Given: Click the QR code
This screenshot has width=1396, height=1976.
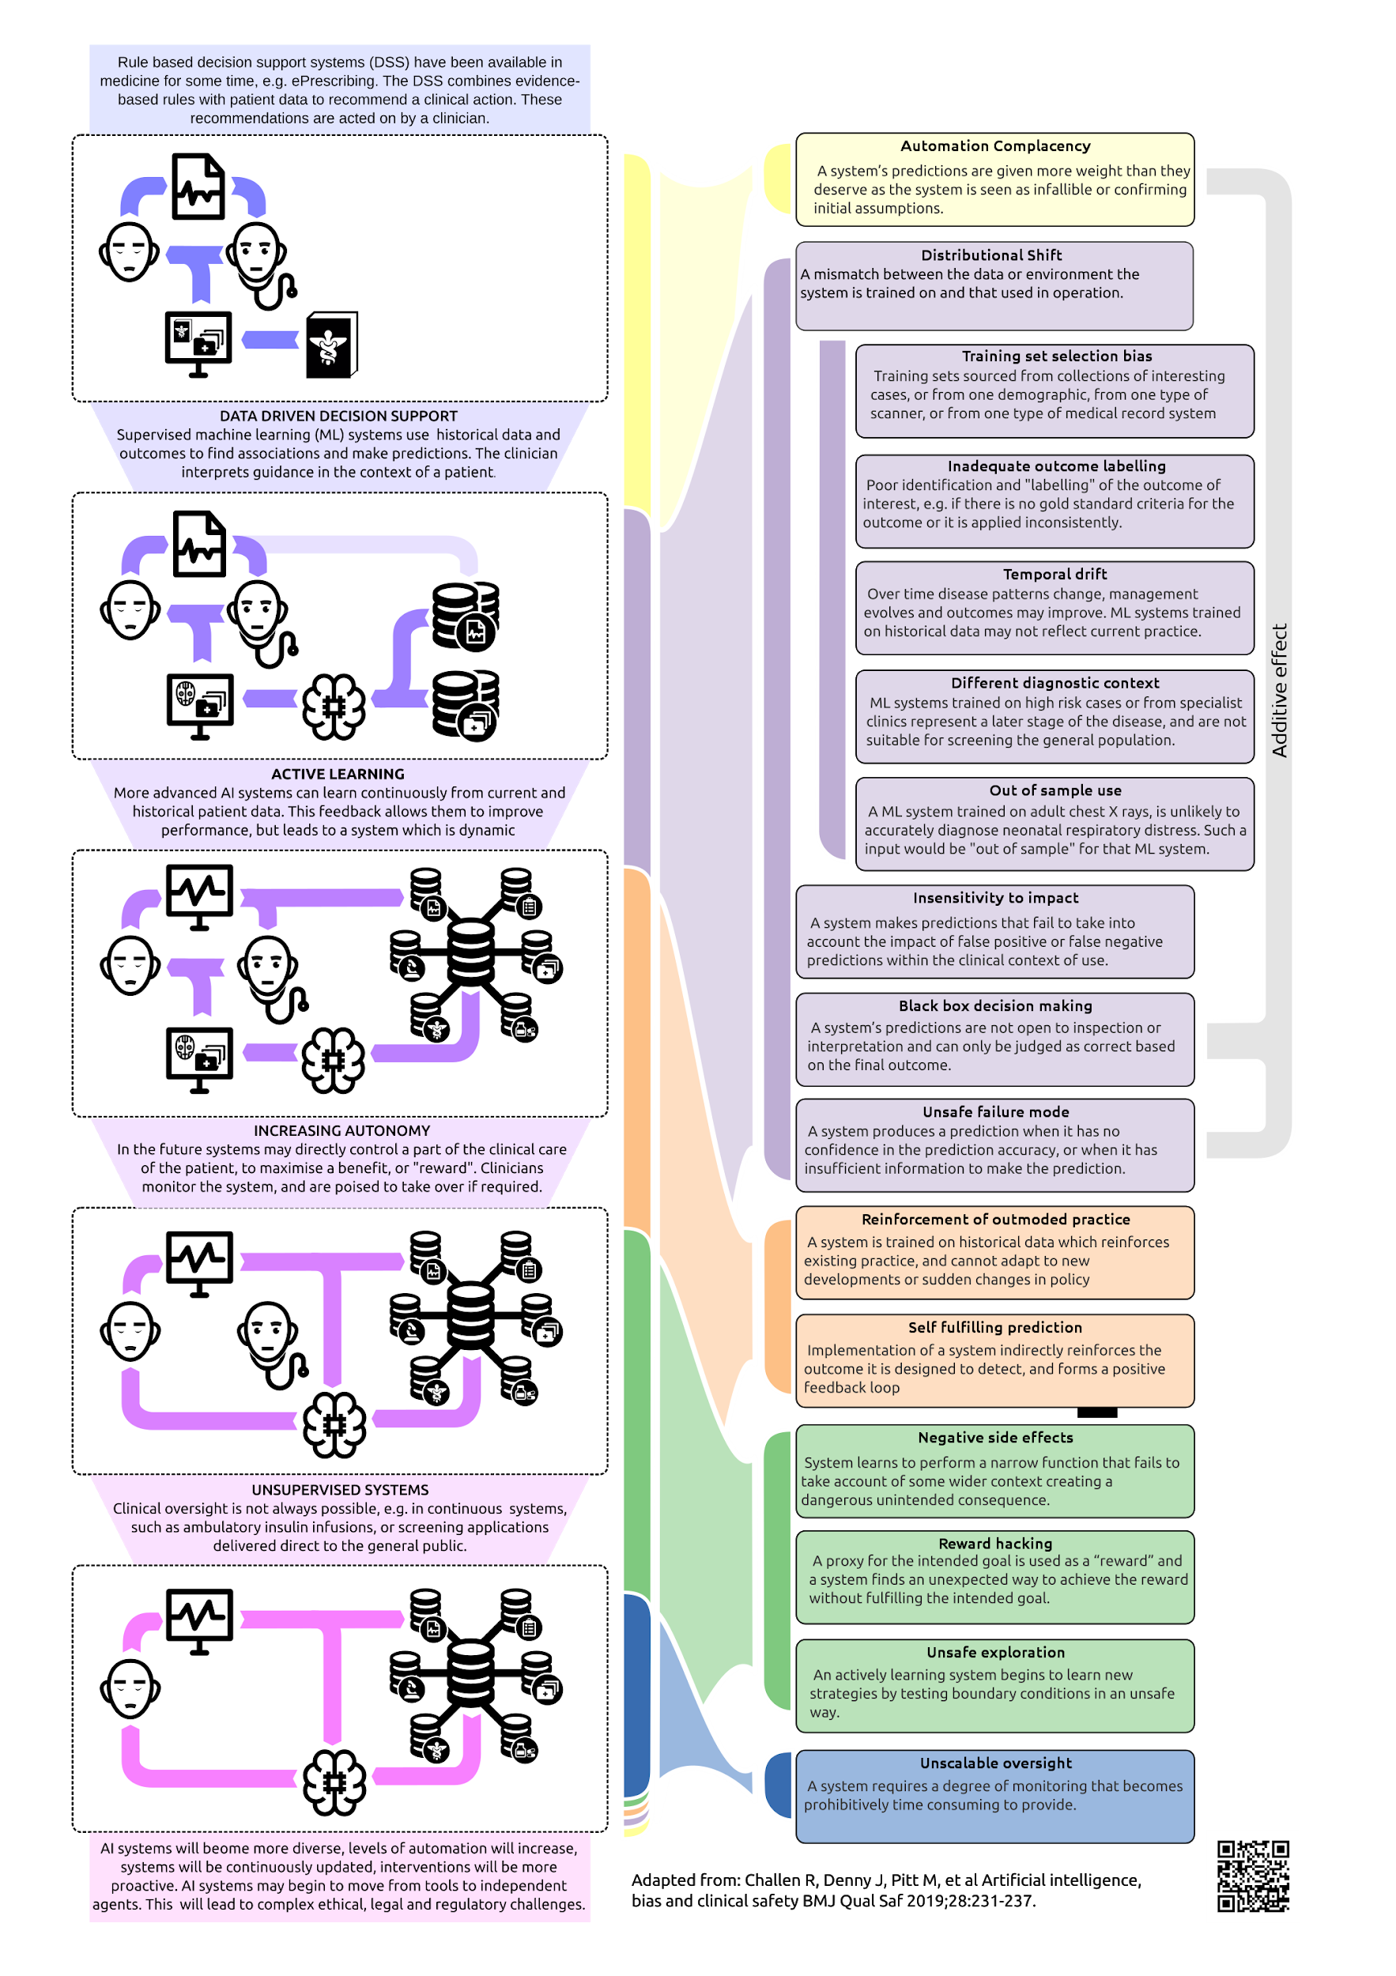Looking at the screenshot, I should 1252,1876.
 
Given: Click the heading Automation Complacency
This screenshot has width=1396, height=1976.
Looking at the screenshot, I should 995,146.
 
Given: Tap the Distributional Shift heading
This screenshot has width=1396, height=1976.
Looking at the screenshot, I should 991,255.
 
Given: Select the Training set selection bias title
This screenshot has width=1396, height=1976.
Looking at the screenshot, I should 1056,356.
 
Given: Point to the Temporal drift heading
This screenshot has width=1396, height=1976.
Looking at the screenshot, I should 1055,574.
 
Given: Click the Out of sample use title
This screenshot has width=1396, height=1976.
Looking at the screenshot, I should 1055,791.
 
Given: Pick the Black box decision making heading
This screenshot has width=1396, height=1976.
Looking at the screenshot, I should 995,1006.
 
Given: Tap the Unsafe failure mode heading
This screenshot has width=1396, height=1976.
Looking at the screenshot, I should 995,1112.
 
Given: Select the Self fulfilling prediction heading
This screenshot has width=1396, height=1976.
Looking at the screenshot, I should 995,1327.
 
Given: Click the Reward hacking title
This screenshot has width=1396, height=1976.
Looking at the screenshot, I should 995,1543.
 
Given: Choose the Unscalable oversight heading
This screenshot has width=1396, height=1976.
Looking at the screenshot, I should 995,1763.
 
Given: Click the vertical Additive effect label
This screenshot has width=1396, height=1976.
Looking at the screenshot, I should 1280,690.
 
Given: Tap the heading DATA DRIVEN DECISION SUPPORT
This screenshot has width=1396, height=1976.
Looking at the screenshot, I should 338,417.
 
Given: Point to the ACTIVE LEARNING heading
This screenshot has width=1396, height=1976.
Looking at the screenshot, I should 338,775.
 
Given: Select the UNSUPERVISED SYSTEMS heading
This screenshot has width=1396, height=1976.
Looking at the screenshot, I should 340,1490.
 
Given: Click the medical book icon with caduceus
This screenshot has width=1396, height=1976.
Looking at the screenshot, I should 331,345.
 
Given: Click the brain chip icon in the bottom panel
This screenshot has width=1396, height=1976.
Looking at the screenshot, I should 334,1782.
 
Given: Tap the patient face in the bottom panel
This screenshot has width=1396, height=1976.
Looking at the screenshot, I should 130,1688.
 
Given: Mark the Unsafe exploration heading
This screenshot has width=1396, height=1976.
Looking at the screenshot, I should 995,1653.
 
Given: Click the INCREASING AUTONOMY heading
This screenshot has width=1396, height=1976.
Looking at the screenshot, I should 341,1131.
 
